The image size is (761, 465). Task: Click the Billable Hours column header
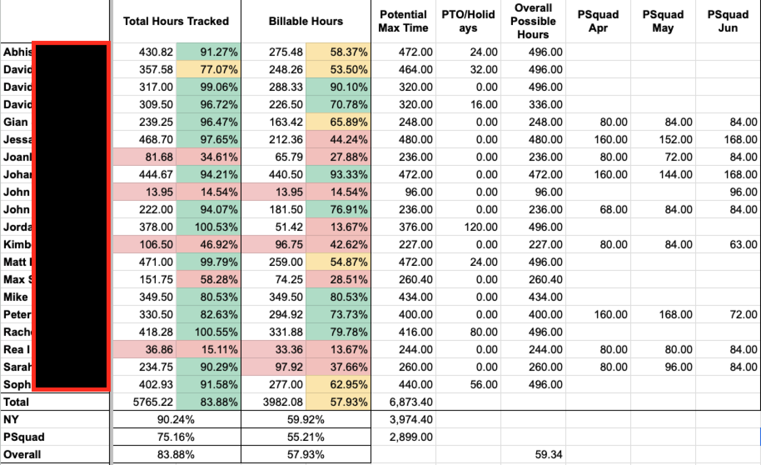point(306,21)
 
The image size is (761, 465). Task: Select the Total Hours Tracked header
point(176,21)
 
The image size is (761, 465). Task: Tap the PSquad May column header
point(663,21)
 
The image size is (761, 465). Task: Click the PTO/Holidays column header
point(468,21)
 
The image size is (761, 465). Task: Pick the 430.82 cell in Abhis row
point(156,52)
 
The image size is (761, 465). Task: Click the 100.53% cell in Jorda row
point(216,227)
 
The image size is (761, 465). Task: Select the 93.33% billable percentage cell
point(348,175)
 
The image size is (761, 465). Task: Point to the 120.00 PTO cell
point(480,227)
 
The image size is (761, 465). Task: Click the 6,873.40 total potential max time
point(411,402)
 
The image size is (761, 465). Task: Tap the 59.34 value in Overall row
point(548,454)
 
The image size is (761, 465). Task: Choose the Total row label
point(16,402)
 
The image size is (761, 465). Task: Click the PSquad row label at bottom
point(24,437)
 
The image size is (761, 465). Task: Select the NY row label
point(11,419)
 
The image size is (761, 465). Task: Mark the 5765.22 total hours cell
point(153,402)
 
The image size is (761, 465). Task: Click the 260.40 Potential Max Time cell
point(415,279)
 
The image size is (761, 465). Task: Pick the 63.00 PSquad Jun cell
point(743,244)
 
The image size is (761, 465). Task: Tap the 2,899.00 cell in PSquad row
point(411,437)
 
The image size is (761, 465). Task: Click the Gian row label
point(16,122)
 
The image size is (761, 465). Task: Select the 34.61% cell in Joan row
point(218,157)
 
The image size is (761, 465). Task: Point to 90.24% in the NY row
point(176,419)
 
